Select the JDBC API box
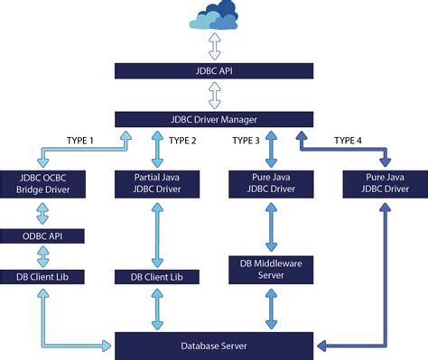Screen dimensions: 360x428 [214, 69]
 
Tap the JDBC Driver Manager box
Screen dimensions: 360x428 [214, 118]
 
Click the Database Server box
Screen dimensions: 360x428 [214, 345]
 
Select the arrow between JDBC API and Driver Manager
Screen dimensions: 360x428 [214, 94]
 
